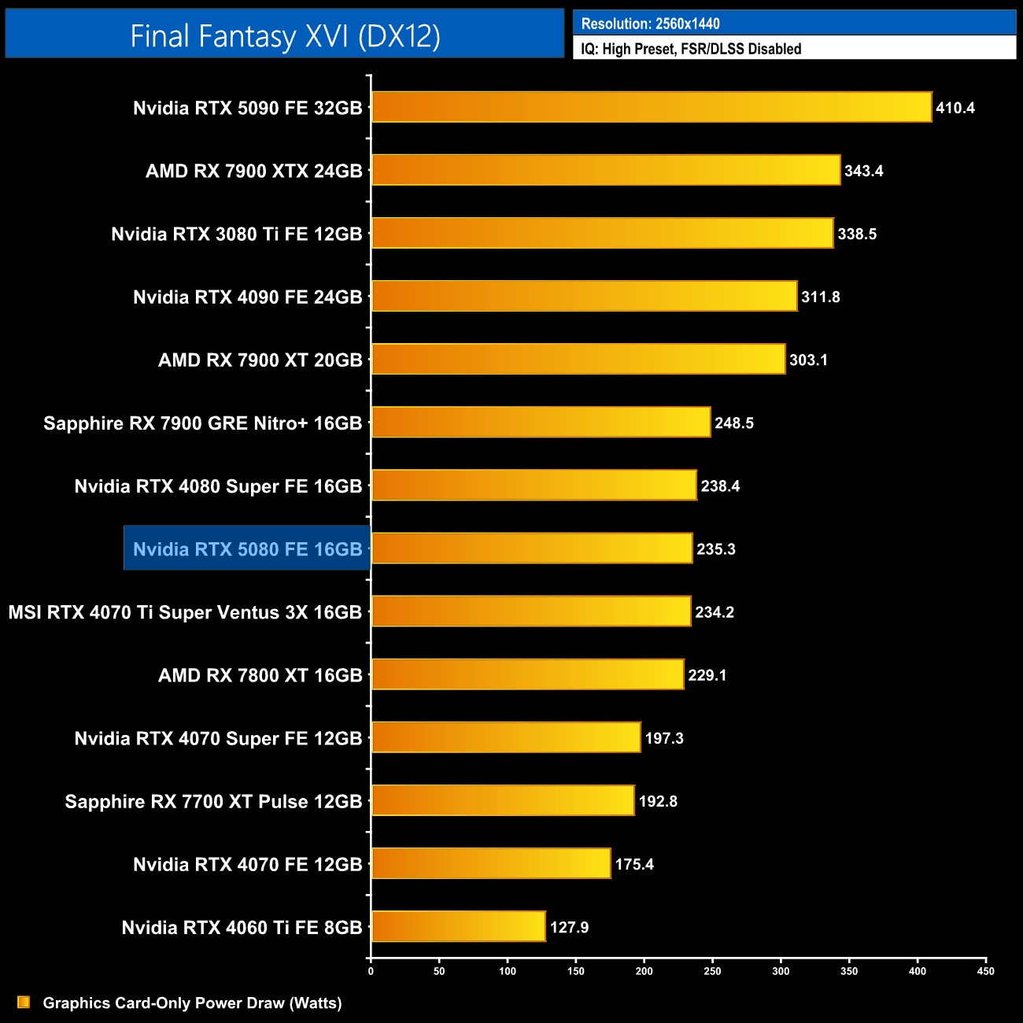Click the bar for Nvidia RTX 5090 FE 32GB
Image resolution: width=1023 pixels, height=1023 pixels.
point(652,107)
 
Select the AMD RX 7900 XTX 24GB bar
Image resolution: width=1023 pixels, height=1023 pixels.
point(606,170)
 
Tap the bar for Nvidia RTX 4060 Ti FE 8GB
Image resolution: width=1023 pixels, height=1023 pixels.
point(458,926)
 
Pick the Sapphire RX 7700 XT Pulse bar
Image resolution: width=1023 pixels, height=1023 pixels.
point(503,800)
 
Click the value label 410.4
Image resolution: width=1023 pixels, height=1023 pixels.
point(955,108)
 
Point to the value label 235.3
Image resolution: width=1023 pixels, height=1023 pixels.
point(716,549)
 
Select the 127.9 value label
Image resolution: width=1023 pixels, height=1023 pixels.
point(569,927)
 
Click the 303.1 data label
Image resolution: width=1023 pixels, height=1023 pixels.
point(808,360)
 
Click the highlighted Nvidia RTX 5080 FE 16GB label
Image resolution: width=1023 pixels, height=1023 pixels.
point(247,548)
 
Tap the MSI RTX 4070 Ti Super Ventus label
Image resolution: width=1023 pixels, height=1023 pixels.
point(185,611)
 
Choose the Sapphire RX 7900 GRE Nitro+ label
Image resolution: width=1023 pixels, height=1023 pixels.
point(202,423)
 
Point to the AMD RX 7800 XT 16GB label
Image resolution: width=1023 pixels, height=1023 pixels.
point(260,674)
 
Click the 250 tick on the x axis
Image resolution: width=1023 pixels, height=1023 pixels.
point(712,971)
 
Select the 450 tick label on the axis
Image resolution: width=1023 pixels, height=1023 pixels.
point(985,971)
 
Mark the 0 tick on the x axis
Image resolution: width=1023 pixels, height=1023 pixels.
point(371,971)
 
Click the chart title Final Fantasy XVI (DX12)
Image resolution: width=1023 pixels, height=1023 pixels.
point(285,35)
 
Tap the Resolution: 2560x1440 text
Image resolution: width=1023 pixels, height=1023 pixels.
point(650,24)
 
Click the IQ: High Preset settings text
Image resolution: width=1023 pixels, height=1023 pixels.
point(691,49)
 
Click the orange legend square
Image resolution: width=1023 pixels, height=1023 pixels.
point(24,1002)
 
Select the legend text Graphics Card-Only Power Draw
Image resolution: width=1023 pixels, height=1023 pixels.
point(192,1003)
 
